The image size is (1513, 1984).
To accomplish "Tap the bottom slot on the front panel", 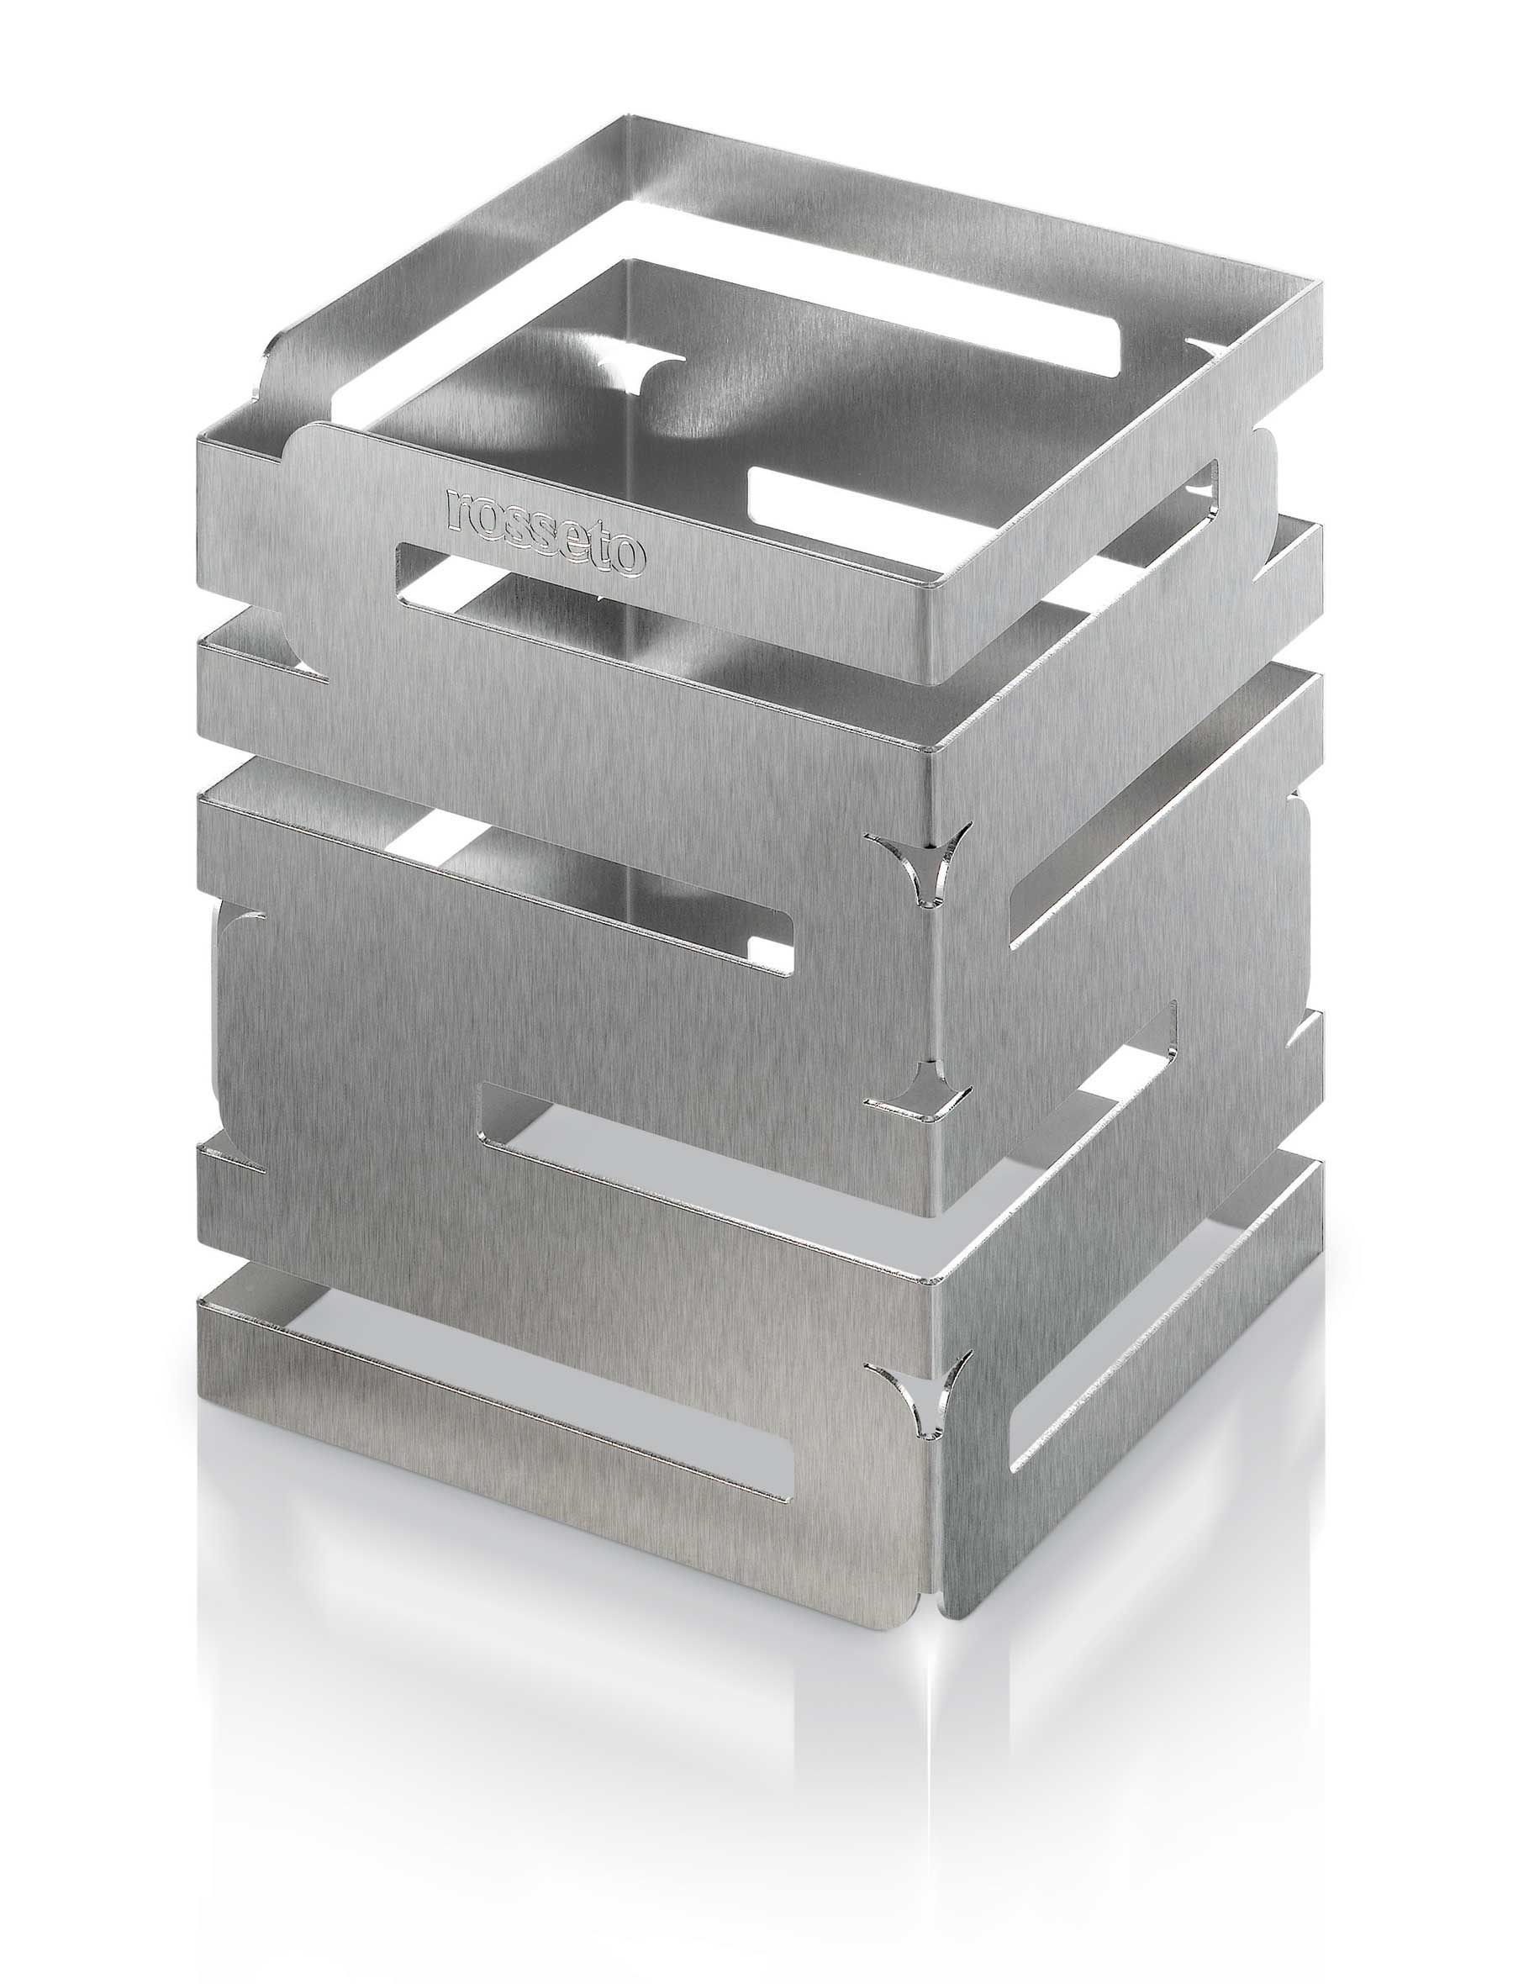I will click(540, 1468).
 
